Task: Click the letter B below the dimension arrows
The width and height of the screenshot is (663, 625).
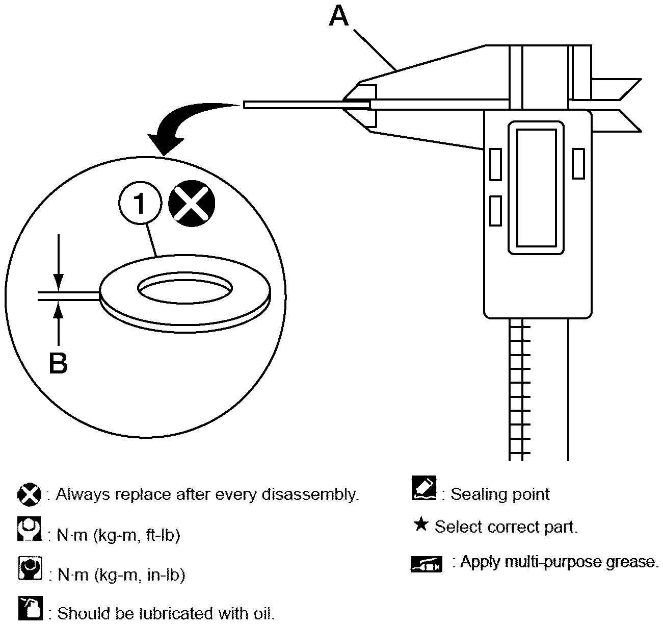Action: (x=58, y=363)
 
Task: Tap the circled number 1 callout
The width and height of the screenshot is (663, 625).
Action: (x=140, y=203)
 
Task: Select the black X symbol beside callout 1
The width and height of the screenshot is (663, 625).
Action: (x=192, y=204)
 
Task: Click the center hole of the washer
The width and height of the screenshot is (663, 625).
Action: (x=185, y=288)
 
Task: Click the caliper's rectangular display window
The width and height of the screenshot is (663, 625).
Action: (x=536, y=188)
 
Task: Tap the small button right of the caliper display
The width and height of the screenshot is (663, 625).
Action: (x=578, y=164)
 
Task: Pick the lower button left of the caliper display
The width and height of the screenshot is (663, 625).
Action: (x=496, y=211)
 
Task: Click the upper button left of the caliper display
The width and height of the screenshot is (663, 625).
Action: (x=496, y=164)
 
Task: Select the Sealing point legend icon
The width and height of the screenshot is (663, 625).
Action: (x=424, y=488)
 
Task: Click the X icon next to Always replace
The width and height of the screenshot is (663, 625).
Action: (x=30, y=494)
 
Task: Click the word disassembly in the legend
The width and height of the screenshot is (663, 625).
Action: (x=310, y=495)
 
